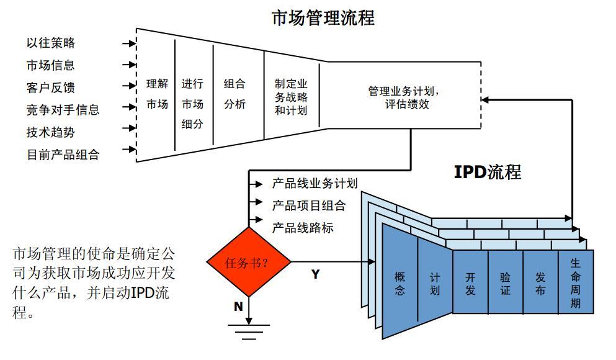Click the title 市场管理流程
click(323, 17)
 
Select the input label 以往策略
click(51, 43)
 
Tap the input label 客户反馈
click(51, 88)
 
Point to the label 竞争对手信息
click(63, 110)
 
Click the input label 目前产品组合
click(63, 155)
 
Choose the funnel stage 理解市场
click(157, 94)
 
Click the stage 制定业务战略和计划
click(291, 97)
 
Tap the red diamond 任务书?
click(249, 262)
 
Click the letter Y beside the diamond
click(316, 274)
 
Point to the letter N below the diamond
click(238, 307)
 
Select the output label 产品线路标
click(303, 228)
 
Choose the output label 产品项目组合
click(308, 205)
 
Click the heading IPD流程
click(488, 172)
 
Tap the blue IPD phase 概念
click(400, 283)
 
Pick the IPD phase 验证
click(506, 283)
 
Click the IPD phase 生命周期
click(576, 283)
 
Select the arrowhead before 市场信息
click(132, 65)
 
